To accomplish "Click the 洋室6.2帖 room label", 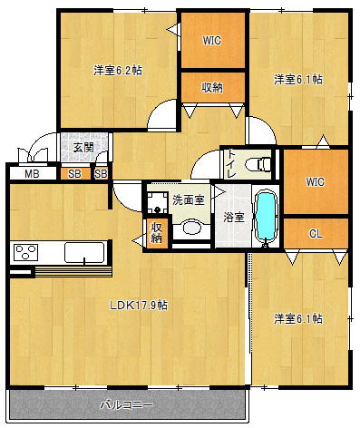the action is click(x=118, y=71).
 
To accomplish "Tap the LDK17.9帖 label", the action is click(x=139, y=306).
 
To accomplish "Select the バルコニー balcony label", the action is click(x=127, y=404).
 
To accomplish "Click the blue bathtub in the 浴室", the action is click(x=266, y=217).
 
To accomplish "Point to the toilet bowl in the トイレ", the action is click(x=258, y=165).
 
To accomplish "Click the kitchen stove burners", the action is click(x=26, y=252).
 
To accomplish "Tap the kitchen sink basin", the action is click(x=84, y=252).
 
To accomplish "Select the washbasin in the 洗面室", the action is click(x=191, y=228).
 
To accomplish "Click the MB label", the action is click(x=32, y=174).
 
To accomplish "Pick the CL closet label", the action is click(x=316, y=234).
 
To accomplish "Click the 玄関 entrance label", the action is click(x=83, y=148).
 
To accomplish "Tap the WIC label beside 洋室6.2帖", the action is click(x=212, y=41).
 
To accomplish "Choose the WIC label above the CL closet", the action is click(x=315, y=182).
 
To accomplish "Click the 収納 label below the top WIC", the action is click(x=212, y=87).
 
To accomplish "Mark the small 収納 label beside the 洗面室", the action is click(x=156, y=232).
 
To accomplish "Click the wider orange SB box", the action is click(x=75, y=174).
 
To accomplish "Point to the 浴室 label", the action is click(x=234, y=217).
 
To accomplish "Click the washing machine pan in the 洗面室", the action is click(x=157, y=202).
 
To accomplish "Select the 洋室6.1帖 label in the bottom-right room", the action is click(x=298, y=319).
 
